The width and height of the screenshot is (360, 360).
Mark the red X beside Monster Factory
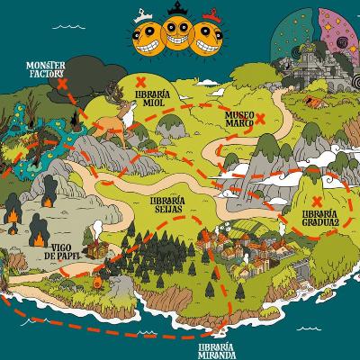click(65, 83)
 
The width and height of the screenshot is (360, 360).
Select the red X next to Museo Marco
click(260, 118)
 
